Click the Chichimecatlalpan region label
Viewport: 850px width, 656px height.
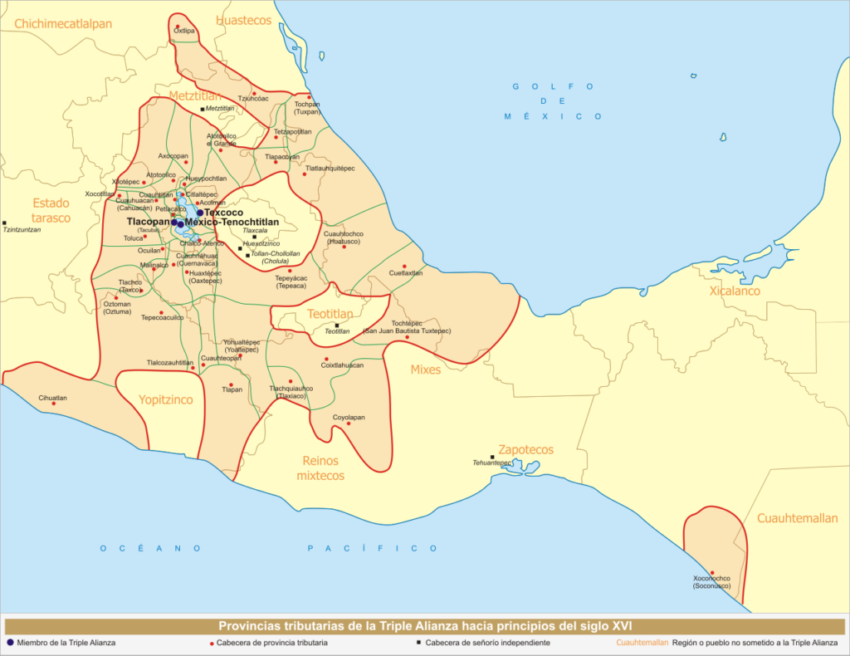click(x=62, y=24)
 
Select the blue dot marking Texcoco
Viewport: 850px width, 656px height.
click(x=200, y=213)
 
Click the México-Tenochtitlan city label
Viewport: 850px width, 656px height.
click(x=232, y=223)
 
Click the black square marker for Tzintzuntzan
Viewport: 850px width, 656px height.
click(x=5, y=223)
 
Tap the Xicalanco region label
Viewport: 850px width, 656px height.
click(x=734, y=291)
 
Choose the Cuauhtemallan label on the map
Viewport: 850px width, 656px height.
click(x=797, y=518)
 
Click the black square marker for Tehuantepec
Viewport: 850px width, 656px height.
click(x=492, y=457)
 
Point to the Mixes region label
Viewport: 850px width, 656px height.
click(x=426, y=370)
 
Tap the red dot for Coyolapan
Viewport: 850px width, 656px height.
click(x=349, y=423)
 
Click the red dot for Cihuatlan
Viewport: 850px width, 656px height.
click(x=54, y=404)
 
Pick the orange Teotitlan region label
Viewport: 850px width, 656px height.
click(x=330, y=314)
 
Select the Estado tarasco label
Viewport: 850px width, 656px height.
click(x=51, y=210)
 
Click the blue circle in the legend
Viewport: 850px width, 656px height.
click(x=10, y=642)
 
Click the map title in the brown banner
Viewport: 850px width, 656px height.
click(x=425, y=625)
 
